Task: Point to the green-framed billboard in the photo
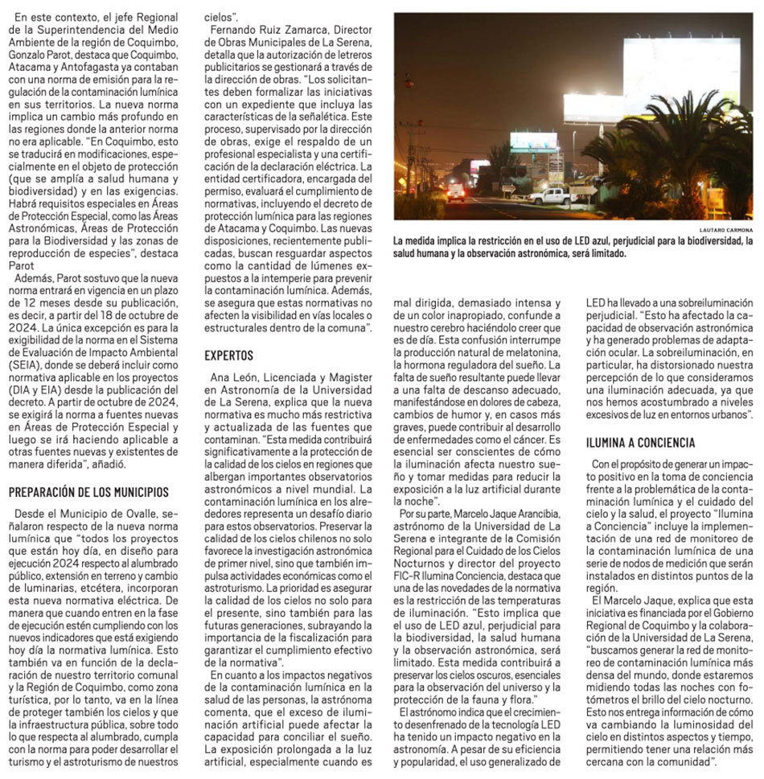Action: click(x=533, y=141)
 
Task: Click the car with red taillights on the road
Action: click(x=456, y=192)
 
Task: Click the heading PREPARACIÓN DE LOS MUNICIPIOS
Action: click(x=88, y=492)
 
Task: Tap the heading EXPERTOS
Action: click(x=229, y=355)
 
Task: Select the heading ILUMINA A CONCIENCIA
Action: click(x=640, y=443)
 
